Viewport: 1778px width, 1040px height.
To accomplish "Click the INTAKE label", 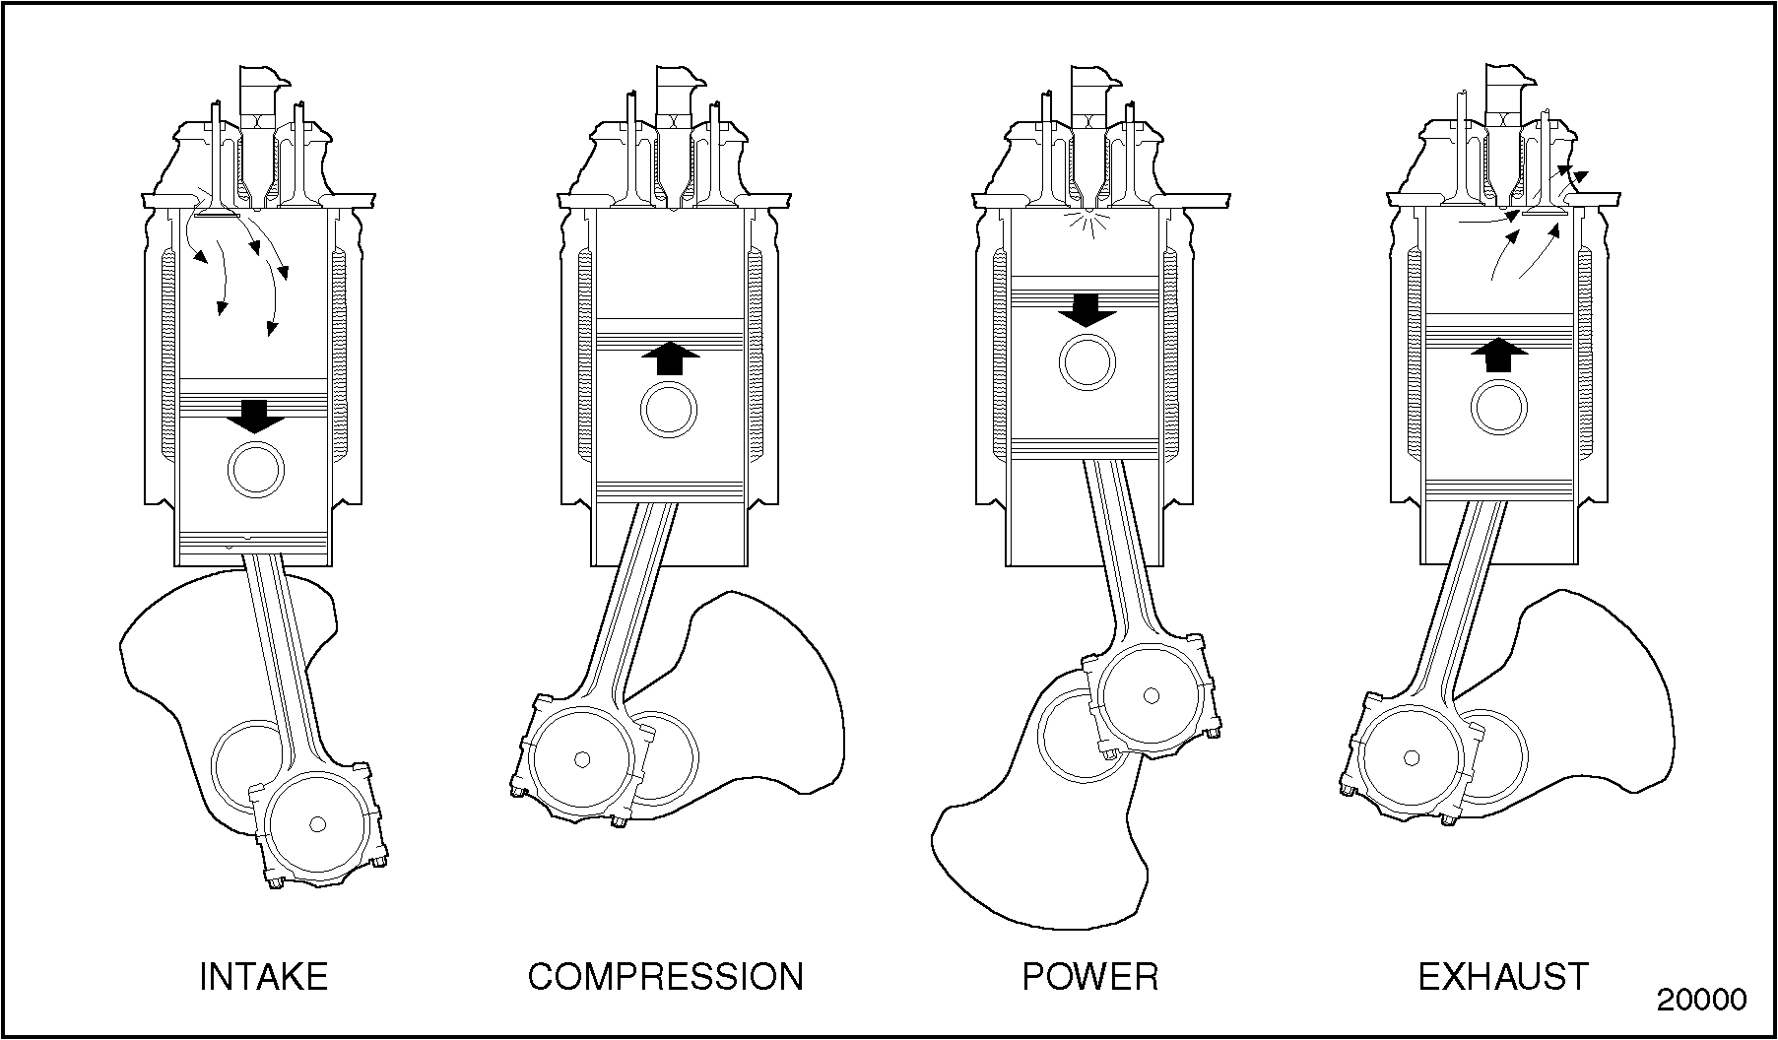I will [x=263, y=976].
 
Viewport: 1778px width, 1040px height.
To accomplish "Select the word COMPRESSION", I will [x=666, y=976].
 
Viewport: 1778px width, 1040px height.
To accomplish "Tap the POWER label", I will [x=1090, y=976].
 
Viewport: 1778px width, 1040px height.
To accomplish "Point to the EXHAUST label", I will [x=1503, y=976].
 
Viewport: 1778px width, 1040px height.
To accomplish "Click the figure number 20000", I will [x=1701, y=999].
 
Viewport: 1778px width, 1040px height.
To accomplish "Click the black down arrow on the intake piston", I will [x=255, y=417].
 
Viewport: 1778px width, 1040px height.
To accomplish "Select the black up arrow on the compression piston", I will [x=670, y=357].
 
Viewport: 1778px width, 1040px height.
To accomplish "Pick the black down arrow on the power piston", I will [x=1087, y=310].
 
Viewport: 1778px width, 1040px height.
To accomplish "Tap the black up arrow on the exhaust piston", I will [x=1499, y=354].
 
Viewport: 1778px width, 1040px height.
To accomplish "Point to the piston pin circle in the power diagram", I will [x=1087, y=362].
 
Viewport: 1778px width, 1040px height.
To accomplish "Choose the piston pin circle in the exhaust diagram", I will [x=1501, y=408].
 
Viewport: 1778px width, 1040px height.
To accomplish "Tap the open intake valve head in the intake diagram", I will [x=215, y=212].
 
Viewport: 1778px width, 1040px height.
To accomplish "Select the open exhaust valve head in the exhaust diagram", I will [x=1545, y=212].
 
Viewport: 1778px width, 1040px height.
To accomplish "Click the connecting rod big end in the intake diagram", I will [x=316, y=822].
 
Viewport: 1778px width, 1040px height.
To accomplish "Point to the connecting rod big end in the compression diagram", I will [x=581, y=759].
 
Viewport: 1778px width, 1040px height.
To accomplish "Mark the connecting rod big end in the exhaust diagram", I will [x=1413, y=756].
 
